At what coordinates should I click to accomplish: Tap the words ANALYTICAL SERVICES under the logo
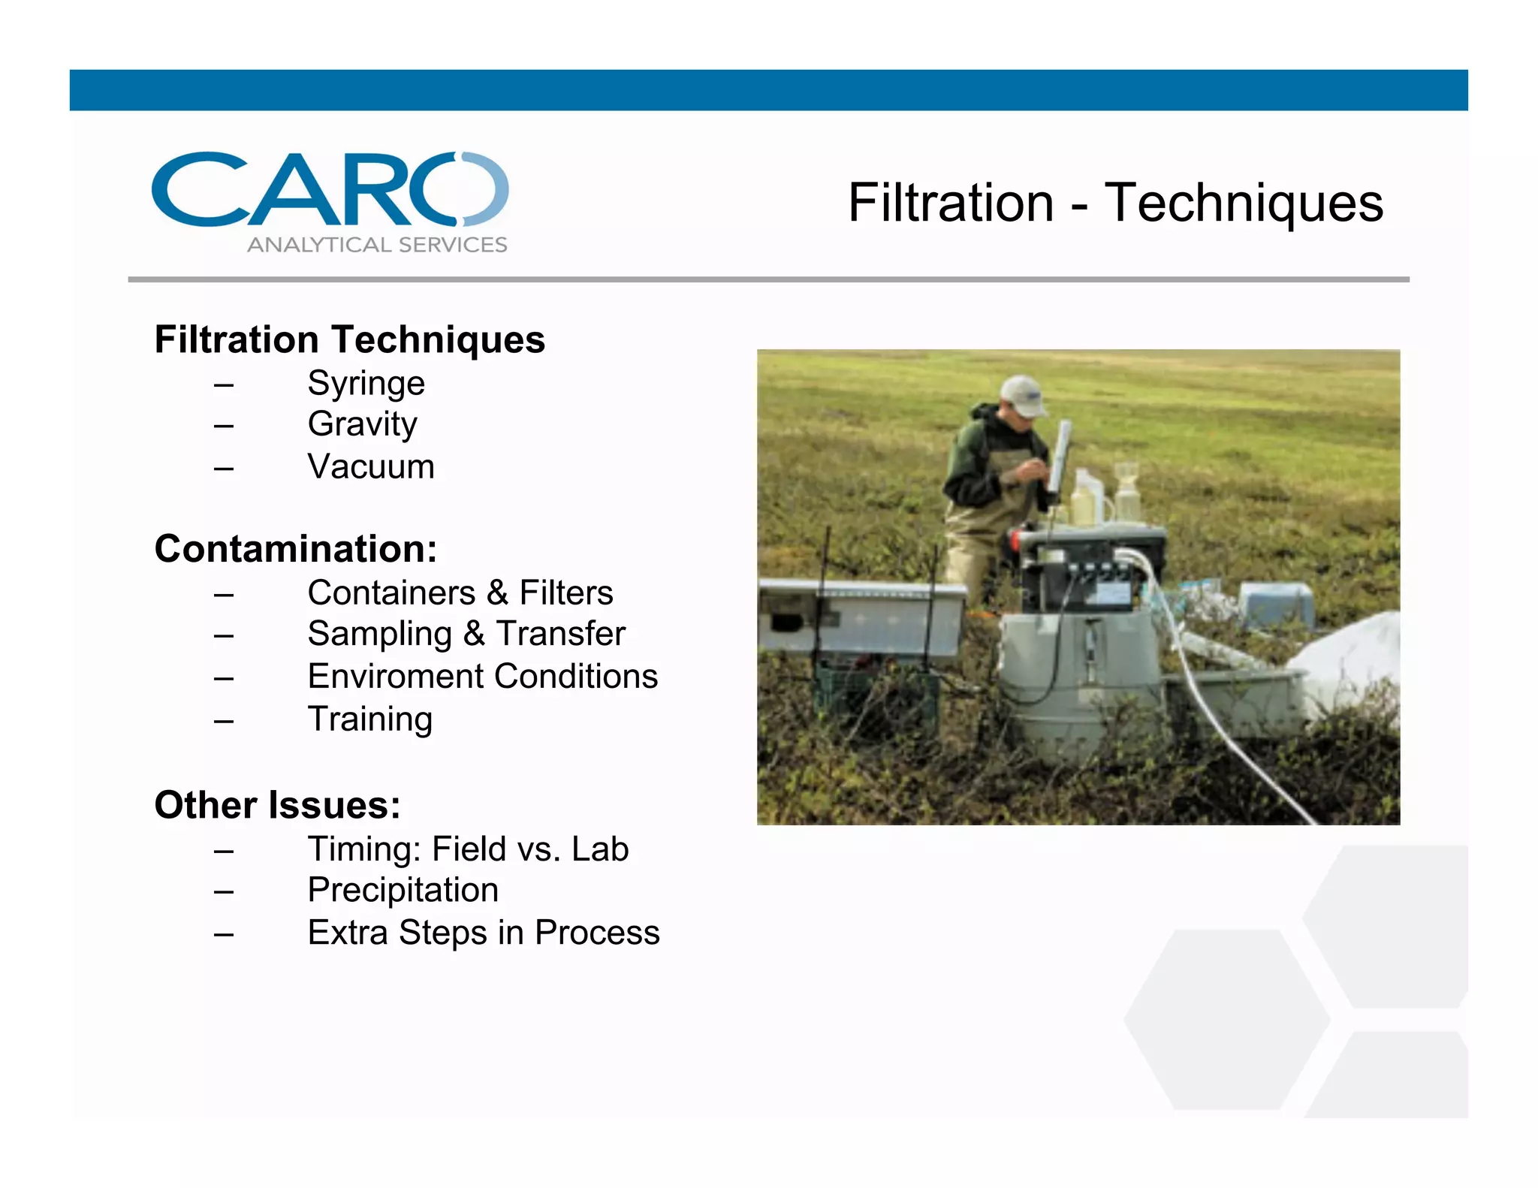pos(377,245)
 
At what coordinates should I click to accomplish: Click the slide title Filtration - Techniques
pos(1114,203)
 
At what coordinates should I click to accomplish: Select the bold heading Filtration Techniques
pos(349,339)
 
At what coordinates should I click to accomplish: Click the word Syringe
pos(366,384)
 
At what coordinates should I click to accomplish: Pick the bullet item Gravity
pos(362,425)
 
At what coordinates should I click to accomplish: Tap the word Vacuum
pos(370,467)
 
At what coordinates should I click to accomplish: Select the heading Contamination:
pos(295,549)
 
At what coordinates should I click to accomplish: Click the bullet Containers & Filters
pos(460,593)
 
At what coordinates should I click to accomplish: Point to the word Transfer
pos(560,634)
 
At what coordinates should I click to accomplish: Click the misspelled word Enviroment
pos(395,677)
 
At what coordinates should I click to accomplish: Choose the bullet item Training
pos(369,719)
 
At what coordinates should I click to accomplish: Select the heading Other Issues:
pos(277,805)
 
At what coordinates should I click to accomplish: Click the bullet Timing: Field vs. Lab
pos(467,849)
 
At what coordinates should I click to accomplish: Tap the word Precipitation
pos(403,891)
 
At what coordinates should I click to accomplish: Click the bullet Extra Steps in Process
pos(483,933)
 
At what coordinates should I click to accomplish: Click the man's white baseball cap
pos(1024,395)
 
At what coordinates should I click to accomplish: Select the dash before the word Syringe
pos(223,384)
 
